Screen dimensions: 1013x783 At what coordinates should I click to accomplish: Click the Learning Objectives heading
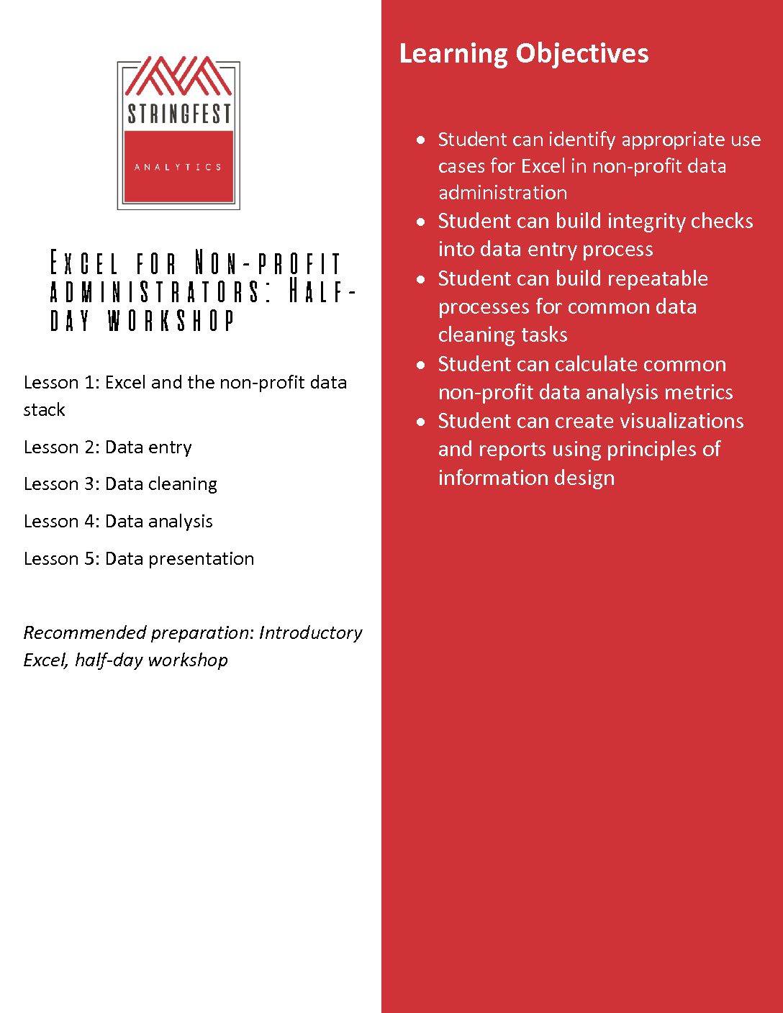click(523, 54)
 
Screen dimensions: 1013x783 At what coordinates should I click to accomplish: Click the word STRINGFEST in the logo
click(178, 114)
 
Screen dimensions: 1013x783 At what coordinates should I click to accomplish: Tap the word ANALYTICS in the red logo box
click(178, 167)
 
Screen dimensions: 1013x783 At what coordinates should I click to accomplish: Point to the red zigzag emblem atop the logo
click(178, 76)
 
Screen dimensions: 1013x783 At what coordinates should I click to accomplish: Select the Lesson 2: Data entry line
click(107, 447)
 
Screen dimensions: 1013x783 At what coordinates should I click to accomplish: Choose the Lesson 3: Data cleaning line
click(120, 484)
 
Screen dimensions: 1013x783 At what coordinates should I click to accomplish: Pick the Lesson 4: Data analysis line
click(118, 522)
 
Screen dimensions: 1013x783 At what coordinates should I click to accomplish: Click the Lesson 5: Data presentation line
click(138, 559)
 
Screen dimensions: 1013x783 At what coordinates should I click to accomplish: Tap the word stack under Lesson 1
click(44, 410)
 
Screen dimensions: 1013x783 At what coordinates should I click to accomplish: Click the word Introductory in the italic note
click(310, 632)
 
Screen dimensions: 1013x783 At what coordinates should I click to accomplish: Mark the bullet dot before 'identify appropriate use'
click(421, 140)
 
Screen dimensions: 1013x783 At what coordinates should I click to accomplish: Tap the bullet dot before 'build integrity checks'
click(421, 222)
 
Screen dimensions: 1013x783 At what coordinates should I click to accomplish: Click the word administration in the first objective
click(502, 193)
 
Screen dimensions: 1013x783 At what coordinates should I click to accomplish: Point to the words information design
click(526, 478)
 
